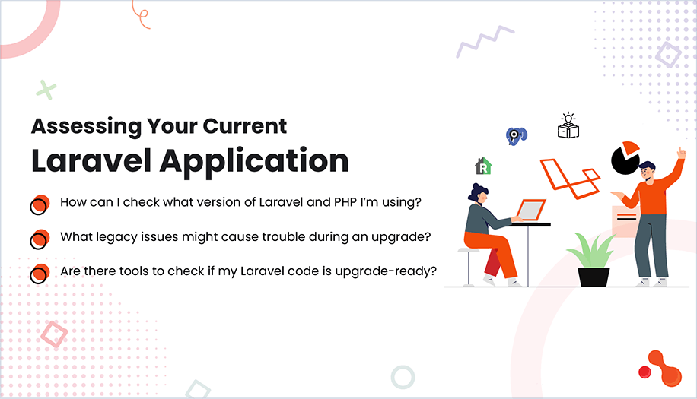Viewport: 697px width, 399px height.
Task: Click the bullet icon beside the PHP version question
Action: point(40,204)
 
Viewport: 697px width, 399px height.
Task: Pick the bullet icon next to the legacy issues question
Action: point(40,238)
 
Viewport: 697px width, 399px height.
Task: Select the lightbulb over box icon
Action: point(568,126)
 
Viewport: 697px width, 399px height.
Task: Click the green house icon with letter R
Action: point(482,166)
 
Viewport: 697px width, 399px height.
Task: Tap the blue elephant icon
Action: point(517,135)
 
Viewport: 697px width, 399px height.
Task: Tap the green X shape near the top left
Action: point(46,90)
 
